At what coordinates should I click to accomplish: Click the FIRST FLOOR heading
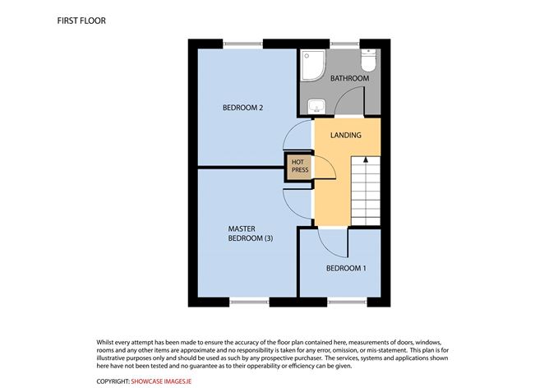(81, 21)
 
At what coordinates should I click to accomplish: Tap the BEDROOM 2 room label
(242, 108)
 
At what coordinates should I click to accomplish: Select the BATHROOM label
(350, 78)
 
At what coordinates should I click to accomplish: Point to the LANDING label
(346, 135)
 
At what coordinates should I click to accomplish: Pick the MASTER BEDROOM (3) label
(251, 233)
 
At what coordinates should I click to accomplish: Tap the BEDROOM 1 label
(346, 268)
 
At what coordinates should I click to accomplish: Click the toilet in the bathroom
(368, 60)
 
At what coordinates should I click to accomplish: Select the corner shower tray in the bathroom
(313, 65)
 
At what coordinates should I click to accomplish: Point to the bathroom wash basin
(317, 106)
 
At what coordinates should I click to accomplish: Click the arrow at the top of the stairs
(366, 159)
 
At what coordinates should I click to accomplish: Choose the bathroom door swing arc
(345, 95)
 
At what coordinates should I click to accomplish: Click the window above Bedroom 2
(242, 44)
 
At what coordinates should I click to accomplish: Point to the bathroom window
(344, 44)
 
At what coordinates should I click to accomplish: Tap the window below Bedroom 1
(348, 302)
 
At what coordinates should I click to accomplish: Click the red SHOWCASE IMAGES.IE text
(161, 381)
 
